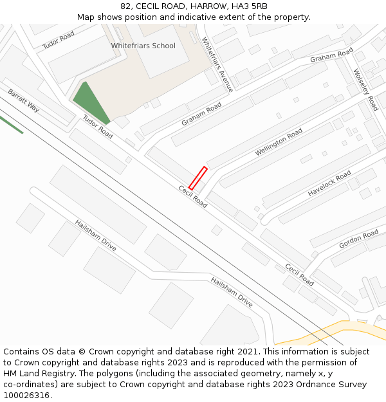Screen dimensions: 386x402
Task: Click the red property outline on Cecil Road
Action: click(198, 178)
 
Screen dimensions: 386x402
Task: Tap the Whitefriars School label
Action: click(143, 46)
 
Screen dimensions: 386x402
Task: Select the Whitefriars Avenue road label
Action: click(217, 64)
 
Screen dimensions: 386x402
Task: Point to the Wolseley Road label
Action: click(365, 89)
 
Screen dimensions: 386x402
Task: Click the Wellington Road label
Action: click(279, 142)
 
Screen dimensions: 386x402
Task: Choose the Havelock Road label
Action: click(329, 183)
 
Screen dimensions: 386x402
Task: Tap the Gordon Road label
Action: click(359, 239)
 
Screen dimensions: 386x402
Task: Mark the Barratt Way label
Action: click(24, 100)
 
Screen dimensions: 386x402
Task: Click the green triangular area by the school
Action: click(90, 103)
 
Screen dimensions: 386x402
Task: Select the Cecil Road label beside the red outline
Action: click(193, 196)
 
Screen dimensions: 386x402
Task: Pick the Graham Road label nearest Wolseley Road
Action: click(332, 55)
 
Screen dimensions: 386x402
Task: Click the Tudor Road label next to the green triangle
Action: click(98, 127)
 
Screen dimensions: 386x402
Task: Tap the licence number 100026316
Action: click(27, 396)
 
